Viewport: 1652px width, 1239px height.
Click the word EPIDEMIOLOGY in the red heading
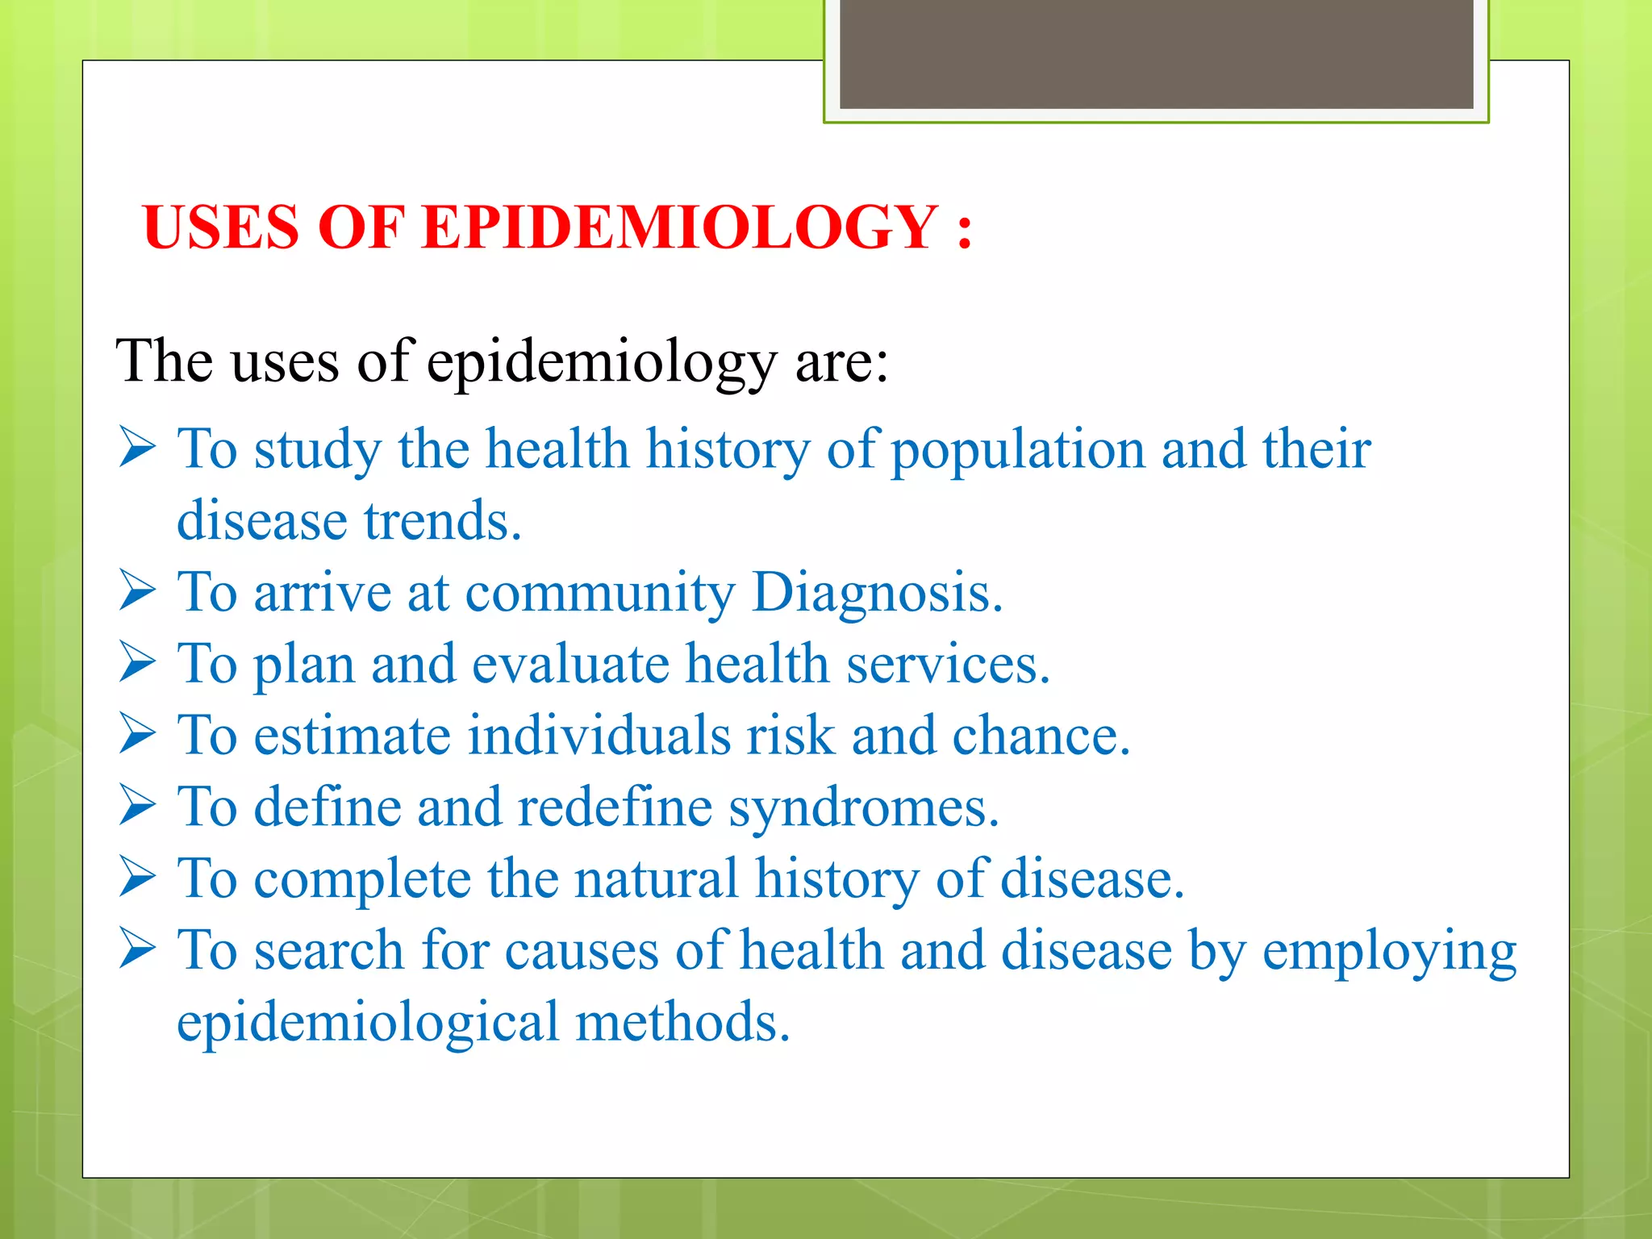point(679,227)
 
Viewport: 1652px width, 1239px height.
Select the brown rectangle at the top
point(1156,54)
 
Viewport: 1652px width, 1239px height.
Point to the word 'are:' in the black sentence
point(842,361)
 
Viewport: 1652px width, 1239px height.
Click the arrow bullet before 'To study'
point(137,448)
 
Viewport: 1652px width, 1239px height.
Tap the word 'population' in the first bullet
point(1018,449)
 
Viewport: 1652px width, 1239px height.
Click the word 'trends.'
point(443,520)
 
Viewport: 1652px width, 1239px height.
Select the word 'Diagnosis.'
point(877,592)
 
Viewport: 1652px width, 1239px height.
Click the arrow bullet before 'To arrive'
point(137,591)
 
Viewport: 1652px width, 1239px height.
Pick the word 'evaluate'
point(570,664)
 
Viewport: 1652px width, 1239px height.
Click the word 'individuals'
point(599,735)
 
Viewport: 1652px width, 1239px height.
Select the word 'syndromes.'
point(864,808)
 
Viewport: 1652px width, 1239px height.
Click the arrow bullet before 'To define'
point(137,806)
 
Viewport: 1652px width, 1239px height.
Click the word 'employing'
point(1389,952)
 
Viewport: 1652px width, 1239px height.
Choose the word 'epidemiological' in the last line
point(367,1022)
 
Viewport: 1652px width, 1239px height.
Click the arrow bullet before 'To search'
point(137,949)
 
